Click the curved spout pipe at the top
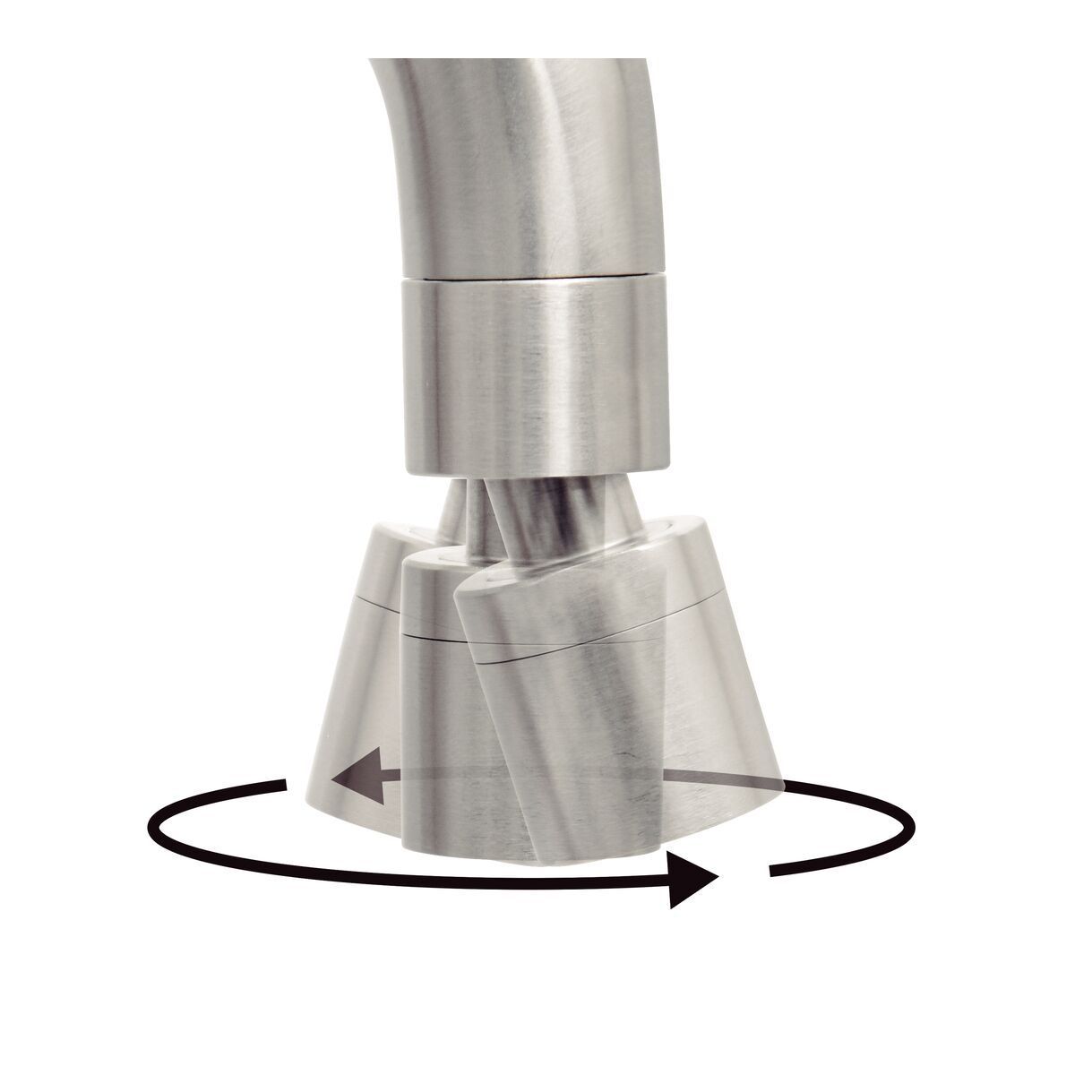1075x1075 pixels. (x=502, y=161)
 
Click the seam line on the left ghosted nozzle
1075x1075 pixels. (x=376, y=601)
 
